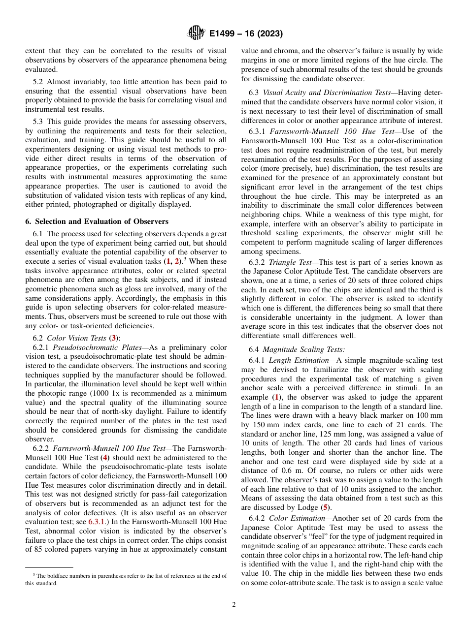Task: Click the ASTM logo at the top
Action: click(196, 33)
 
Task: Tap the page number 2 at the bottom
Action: click(234, 605)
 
